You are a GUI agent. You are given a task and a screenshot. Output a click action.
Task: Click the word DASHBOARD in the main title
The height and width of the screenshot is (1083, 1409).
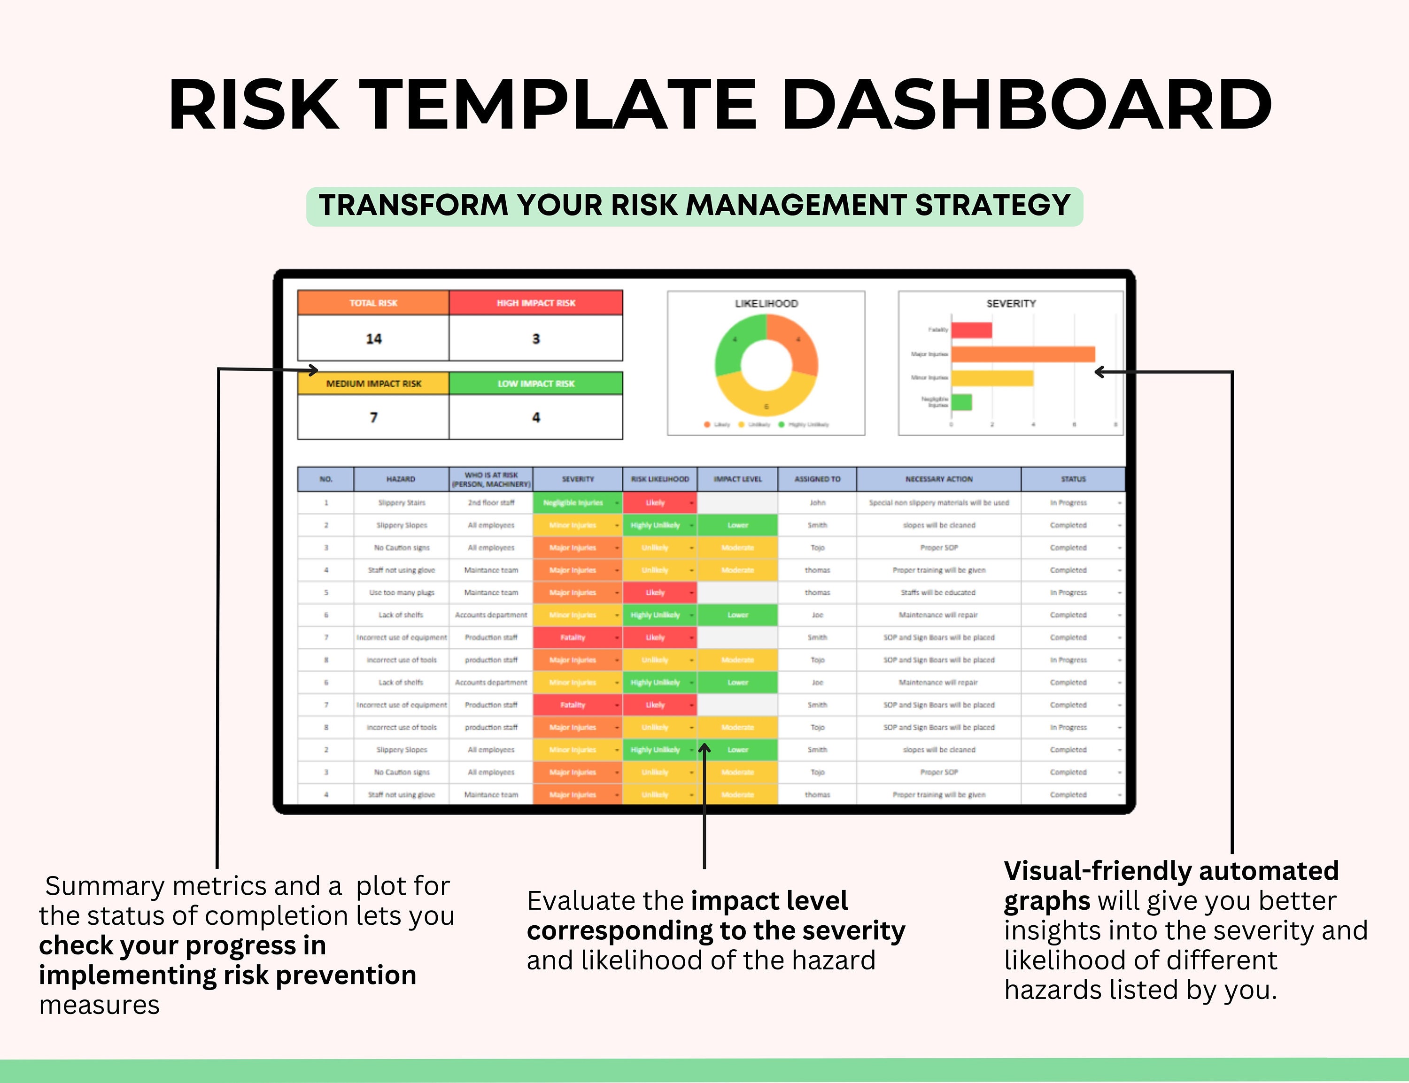[x=1025, y=104]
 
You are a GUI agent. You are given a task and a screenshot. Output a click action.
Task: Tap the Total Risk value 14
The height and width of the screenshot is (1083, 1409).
[x=373, y=338]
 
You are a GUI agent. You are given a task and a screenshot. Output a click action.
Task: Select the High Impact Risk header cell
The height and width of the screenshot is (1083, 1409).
[x=535, y=302]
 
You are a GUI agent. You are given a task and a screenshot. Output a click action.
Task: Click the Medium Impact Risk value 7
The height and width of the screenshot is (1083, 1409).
[x=373, y=417]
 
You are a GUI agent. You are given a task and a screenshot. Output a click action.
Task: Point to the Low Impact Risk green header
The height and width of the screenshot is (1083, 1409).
[x=535, y=383]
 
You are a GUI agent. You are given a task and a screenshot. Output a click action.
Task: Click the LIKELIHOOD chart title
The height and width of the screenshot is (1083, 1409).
[x=766, y=303]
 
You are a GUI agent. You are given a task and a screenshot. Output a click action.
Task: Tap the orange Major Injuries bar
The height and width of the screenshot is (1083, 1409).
[x=1022, y=354]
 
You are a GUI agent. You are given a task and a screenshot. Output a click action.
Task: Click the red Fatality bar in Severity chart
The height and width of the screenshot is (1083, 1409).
[x=971, y=330]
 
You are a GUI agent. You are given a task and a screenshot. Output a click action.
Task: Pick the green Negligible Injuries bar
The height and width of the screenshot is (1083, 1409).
[x=961, y=402]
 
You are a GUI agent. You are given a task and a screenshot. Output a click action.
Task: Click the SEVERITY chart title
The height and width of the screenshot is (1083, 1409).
[x=1010, y=303]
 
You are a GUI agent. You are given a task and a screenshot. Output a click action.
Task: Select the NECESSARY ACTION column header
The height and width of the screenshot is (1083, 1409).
[x=938, y=479]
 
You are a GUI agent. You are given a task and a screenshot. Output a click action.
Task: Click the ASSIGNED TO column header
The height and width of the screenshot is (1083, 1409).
[x=817, y=479]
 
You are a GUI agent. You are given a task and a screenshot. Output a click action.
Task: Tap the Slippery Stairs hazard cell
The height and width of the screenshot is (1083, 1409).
[x=401, y=502]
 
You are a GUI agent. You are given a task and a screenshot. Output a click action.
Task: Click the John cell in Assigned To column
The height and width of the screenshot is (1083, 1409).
[x=817, y=502]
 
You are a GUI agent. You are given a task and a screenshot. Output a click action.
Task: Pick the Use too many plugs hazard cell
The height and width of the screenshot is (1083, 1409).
[x=401, y=592]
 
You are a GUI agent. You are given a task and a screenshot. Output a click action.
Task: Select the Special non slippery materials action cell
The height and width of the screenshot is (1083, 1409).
[x=938, y=502]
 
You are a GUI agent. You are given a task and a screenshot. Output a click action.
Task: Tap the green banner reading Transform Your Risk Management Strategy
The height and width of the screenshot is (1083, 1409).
[x=695, y=206]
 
